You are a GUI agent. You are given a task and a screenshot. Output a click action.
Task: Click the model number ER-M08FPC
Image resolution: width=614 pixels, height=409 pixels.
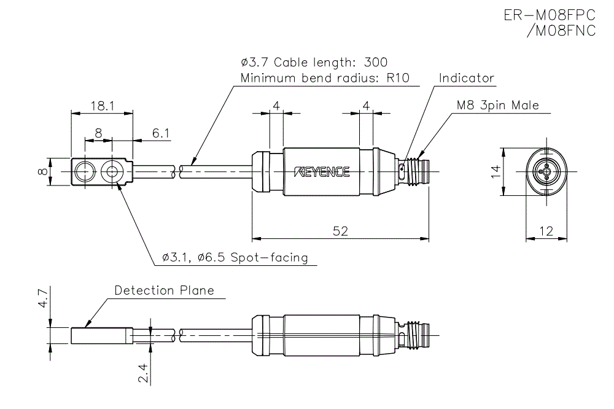point(550,15)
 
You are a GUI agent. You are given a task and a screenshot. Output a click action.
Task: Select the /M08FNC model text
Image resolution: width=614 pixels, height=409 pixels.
point(561,31)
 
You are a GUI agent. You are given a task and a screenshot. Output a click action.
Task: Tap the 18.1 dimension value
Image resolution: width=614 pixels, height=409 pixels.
point(102,106)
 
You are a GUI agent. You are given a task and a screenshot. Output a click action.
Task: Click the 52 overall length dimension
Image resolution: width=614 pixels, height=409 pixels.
point(340,231)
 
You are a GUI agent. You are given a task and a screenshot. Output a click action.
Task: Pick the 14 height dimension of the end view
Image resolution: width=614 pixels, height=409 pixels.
point(495,172)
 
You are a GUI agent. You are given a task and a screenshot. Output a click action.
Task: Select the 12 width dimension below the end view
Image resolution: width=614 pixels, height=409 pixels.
point(545,231)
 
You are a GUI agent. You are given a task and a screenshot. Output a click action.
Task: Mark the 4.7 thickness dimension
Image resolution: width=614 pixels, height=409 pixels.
point(42,299)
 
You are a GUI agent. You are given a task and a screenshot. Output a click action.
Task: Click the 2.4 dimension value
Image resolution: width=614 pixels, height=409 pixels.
point(142,373)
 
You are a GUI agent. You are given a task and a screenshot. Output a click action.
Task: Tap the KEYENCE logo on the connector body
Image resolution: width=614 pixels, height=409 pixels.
point(322,172)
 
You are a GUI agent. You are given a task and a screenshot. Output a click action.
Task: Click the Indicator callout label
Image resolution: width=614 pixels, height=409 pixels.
point(467,78)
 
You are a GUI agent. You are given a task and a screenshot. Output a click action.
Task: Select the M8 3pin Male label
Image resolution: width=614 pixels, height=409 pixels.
point(497,105)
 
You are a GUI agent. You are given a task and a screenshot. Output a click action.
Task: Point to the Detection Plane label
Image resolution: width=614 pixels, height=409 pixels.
point(165,290)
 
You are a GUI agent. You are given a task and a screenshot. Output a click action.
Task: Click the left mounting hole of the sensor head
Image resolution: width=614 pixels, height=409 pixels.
point(84,173)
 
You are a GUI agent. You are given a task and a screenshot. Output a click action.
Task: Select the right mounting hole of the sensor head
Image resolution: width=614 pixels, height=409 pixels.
point(112,173)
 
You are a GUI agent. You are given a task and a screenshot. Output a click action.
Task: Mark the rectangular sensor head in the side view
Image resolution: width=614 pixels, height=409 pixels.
point(102,336)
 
